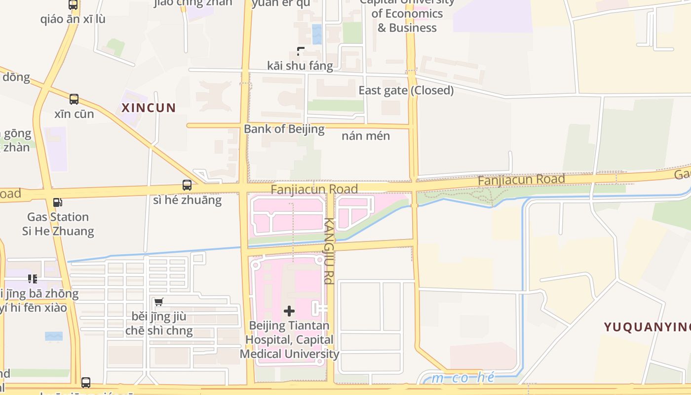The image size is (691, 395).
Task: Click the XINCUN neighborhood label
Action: [x=149, y=108]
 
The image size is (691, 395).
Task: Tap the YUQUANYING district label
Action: [x=647, y=327]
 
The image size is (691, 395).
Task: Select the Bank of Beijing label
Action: [x=284, y=129]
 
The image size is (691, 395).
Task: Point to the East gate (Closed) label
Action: [x=406, y=90]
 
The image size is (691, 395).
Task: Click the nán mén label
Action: [x=366, y=136]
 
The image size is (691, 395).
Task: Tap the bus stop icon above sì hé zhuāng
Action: [x=187, y=185]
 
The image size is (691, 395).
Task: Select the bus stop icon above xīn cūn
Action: [x=74, y=99]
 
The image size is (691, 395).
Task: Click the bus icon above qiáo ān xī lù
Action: [x=73, y=5]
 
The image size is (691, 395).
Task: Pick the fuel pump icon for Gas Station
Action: [x=58, y=202]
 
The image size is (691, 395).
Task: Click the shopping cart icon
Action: [x=158, y=302]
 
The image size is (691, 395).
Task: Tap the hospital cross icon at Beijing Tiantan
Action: [x=289, y=311]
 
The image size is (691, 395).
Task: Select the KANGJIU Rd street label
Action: [x=329, y=251]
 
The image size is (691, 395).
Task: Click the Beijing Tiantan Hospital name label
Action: [x=289, y=340]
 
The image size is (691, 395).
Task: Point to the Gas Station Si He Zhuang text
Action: [x=58, y=224]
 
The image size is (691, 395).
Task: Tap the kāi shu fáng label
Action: [x=300, y=66]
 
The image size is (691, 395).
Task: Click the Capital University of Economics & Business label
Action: [x=407, y=15]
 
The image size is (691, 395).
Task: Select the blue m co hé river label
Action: [x=462, y=378]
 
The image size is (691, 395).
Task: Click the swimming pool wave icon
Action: [x=54, y=336]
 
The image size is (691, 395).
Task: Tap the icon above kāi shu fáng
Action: [x=301, y=51]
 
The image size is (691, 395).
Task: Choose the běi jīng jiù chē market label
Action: [x=159, y=323]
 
